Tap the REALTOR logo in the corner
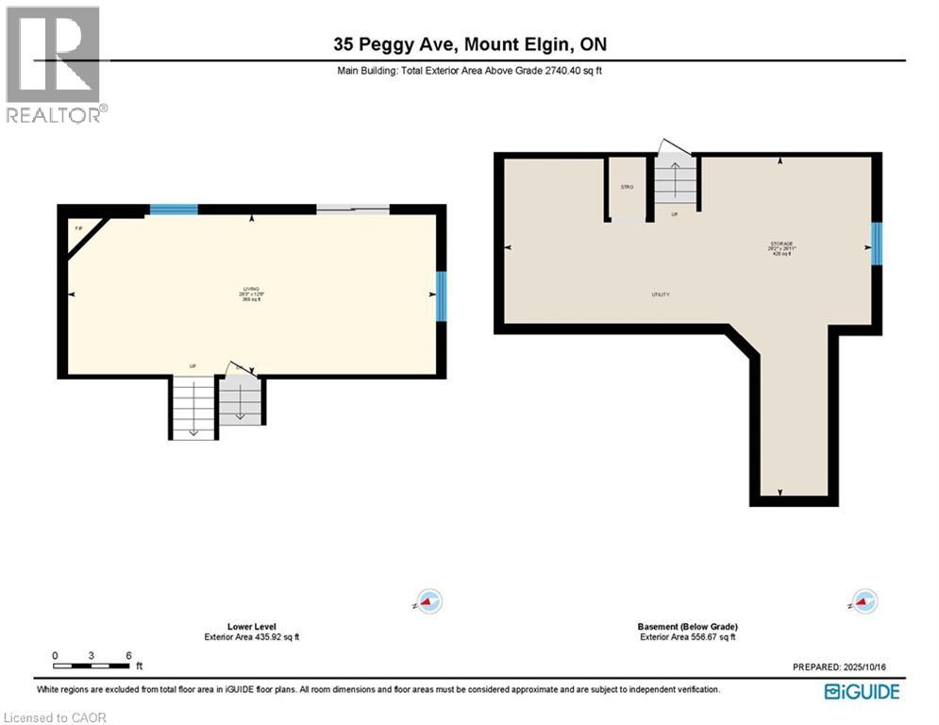pos(54,65)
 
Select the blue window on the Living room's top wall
pos(174,210)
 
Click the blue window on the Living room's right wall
pos(441,296)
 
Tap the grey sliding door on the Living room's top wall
pos(352,210)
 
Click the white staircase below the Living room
pos(193,407)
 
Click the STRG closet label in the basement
pos(627,187)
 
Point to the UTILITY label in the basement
pos(661,295)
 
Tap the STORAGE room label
pos(780,247)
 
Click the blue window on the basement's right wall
pos(876,244)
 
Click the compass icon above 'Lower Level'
pos(429,601)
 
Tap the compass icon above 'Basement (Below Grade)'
pos(864,601)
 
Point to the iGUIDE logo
pos(862,692)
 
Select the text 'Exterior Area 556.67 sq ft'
pos(687,637)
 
